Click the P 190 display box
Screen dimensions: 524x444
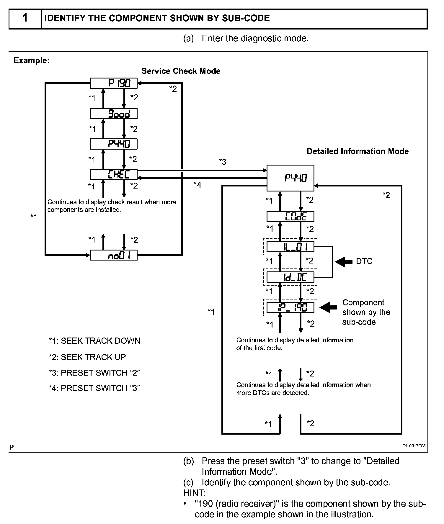pyautogui.click(x=113, y=83)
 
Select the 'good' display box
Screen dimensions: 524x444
pyautogui.click(x=113, y=114)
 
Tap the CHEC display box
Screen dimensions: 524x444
pyautogui.click(x=113, y=174)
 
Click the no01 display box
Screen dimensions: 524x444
pyautogui.click(x=113, y=255)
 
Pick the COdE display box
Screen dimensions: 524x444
pyautogui.click(x=290, y=217)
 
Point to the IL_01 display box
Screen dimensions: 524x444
pyautogui.click(x=290, y=247)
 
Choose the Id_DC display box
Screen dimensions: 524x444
pyautogui.click(x=290, y=277)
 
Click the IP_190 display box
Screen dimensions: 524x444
pyautogui.click(x=290, y=308)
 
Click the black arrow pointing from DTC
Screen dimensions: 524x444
pyautogui.click(x=344, y=261)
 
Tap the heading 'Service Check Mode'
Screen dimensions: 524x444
pyautogui.click(x=181, y=71)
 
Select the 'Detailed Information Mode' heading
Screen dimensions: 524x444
pyautogui.click(x=358, y=151)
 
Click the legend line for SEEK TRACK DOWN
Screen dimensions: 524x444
pyautogui.click(x=94, y=341)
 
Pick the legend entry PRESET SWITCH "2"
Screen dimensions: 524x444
pyautogui.click(x=94, y=373)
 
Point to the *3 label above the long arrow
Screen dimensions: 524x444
pyautogui.click(x=222, y=162)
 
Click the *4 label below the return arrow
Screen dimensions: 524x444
pyautogui.click(x=197, y=185)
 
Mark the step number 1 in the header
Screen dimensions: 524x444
pyautogui.click(x=25, y=18)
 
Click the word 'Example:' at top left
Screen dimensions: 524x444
pyautogui.click(x=32, y=60)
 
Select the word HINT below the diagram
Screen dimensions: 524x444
pyautogui.click(x=194, y=493)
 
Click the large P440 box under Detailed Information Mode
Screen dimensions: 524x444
pyautogui.click(x=290, y=178)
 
